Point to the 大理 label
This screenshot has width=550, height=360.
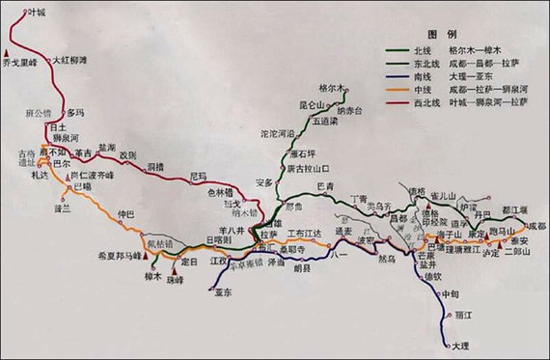[x=461, y=345]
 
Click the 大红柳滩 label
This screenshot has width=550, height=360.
[x=69, y=60]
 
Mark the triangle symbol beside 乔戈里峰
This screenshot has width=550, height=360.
[x=9, y=52]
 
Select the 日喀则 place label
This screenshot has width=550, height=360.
[x=219, y=240]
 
